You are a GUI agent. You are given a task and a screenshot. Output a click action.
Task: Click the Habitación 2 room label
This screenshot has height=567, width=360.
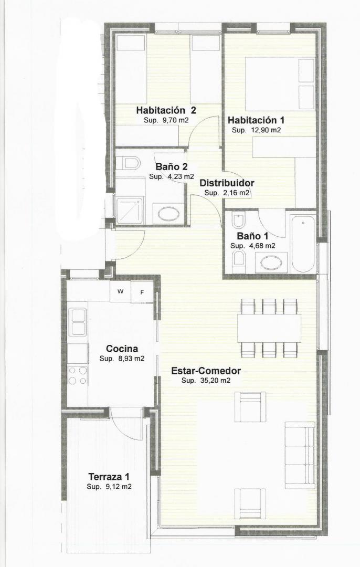coord(166,110)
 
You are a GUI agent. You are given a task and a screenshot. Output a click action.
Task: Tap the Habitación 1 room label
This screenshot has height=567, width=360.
coord(256,120)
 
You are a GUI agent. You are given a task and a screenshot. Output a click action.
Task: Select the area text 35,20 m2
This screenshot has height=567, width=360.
coord(215,381)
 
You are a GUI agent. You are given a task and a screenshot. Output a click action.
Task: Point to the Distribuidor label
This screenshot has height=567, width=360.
coord(227,183)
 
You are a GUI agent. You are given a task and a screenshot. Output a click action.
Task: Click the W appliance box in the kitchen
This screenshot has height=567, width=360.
coord(120,291)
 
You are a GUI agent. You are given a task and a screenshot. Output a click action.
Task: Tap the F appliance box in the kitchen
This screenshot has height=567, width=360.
coord(142,292)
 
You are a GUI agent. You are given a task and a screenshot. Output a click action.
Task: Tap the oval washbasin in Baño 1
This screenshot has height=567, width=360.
coord(272,263)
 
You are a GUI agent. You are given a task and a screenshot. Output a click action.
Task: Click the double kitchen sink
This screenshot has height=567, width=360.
coord(78,322)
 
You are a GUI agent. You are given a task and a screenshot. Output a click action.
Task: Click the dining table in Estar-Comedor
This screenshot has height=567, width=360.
coord(269,328)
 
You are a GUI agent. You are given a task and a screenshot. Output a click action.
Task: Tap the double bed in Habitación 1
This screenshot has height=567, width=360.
coord(280,84)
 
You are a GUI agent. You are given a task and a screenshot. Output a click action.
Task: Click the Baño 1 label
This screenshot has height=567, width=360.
coord(252,236)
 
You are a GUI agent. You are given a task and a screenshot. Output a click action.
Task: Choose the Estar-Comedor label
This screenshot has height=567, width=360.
coord(206,371)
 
